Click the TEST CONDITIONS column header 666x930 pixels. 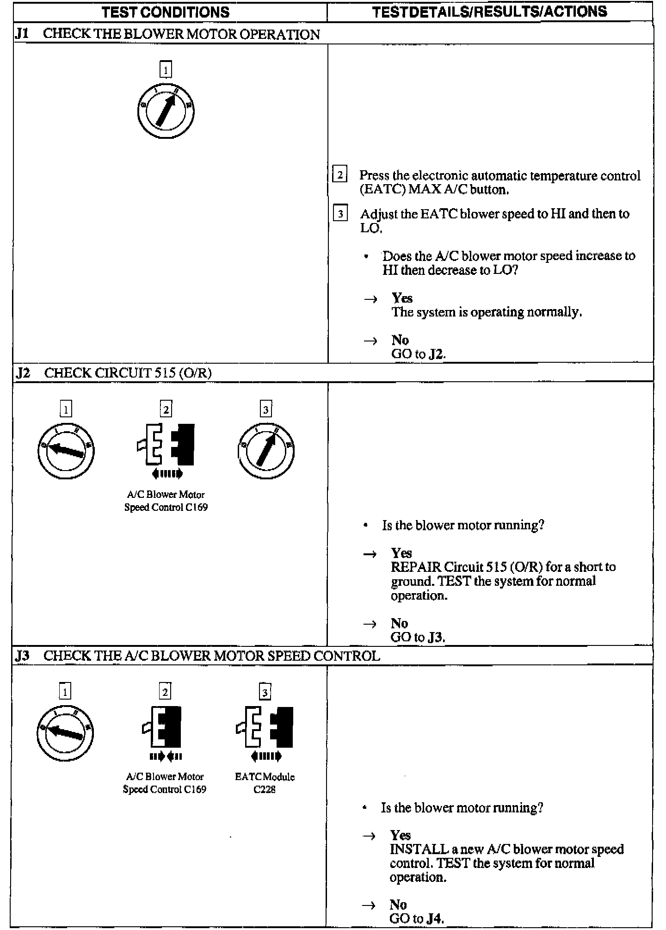166,12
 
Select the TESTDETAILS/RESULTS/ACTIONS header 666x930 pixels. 490,12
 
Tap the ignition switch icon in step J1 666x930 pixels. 166,112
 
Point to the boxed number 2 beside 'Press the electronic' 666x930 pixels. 340,174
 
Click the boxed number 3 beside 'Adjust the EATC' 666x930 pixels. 340,213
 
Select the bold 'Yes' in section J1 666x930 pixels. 402,298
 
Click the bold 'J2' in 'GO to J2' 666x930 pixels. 437,354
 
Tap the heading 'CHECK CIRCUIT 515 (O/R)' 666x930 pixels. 128,373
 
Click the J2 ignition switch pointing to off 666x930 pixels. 66,450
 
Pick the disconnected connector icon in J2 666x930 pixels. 166,445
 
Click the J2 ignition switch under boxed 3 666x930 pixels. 265,450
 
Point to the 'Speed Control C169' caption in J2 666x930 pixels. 166,507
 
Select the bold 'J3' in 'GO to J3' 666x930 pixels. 436,638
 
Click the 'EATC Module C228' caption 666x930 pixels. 265,783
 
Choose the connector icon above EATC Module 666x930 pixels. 265,727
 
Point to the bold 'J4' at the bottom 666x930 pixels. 435,919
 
